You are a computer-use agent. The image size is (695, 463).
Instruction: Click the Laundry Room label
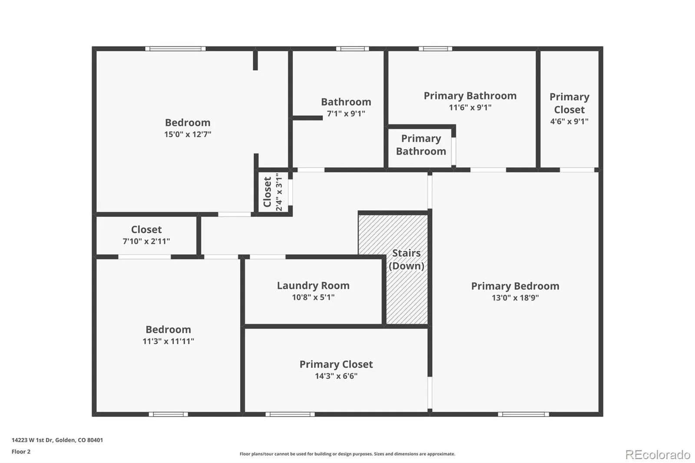coord(313,285)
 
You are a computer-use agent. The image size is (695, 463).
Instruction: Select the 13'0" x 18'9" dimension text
coord(515,298)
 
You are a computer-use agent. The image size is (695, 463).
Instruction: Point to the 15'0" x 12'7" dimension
coord(188,134)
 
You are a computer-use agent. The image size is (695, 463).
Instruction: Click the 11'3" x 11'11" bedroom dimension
coord(168,341)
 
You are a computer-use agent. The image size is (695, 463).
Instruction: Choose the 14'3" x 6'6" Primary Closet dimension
coord(336,376)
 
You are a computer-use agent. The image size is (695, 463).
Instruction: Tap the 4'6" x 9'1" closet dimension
coord(569,121)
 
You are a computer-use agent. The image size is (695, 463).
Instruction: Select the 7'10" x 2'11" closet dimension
coord(146,241)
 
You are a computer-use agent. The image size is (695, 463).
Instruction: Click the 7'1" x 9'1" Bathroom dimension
coord(346,113)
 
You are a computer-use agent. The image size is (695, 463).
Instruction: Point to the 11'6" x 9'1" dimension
coord(470,107)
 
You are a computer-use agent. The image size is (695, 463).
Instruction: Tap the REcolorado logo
coord(658,455)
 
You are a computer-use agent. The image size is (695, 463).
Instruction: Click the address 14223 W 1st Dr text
coord(32,440)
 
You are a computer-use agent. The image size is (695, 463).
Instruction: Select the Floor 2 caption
coord(21,452)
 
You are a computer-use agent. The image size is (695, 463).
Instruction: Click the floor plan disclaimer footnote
coord(347,454)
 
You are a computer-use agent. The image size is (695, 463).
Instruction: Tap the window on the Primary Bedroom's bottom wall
coord(523,414)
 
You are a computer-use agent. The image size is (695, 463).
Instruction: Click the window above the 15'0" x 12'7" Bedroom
coord(175,49)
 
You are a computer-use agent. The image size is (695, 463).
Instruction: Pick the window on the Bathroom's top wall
coord(352,49)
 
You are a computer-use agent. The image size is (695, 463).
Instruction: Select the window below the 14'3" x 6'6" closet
coord(290,414)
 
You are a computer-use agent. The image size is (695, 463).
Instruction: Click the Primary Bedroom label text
coord(515,286)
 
